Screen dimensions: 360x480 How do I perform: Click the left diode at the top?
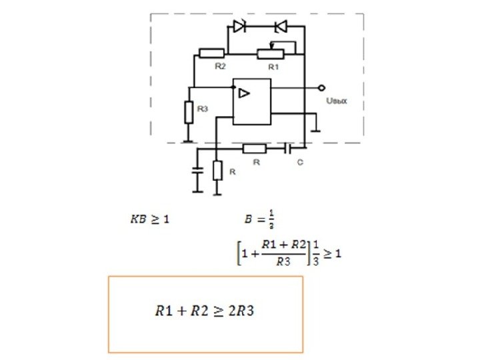239,27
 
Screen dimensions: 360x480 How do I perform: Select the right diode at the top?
280,27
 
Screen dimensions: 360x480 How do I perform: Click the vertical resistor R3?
189,111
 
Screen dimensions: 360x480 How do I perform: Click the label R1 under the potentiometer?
273,67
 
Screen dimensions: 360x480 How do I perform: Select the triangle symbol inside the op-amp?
245,94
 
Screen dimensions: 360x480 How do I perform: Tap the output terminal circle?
321,88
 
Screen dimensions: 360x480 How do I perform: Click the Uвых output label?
335,102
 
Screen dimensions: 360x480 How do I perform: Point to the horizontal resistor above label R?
255,148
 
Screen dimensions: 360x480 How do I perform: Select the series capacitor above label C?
288,148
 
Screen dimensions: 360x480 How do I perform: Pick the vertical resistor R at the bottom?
217,171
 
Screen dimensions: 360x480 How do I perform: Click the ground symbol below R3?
189,140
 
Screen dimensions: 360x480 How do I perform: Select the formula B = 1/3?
260,219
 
